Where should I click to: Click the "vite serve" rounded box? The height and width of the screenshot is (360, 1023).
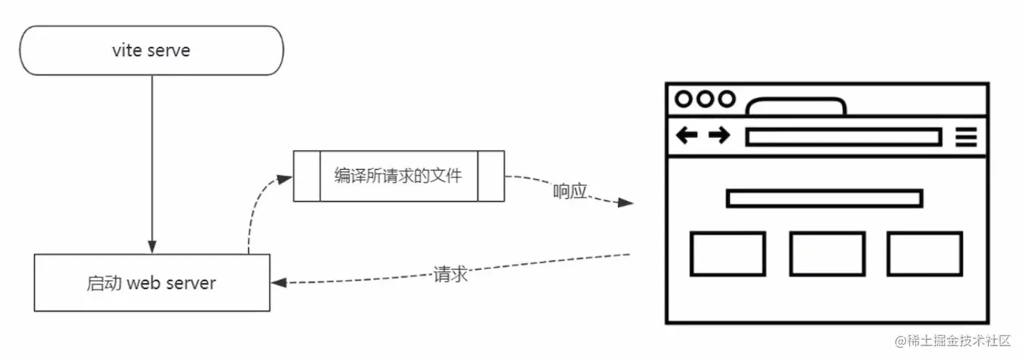(x=151, y=50)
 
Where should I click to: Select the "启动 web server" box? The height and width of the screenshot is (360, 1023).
(x=152, y=283)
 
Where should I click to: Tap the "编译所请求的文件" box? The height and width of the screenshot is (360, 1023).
(x=399, y=176)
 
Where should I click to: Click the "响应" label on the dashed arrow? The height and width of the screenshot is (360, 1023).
(x=570, y=191)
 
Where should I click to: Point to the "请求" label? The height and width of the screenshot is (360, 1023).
(x=451, y=274)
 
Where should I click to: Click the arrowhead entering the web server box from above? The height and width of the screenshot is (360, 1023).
(x=152, y=247)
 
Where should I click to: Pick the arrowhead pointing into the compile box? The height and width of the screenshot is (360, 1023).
(x=284, y=179)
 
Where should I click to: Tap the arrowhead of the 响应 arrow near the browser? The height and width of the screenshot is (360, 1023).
(x=625, y=202)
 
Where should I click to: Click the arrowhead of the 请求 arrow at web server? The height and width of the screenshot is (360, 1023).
(x=279, y=283)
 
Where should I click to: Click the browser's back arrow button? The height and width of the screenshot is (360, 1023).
(x=686, y=135)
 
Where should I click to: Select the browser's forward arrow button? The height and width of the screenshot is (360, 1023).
(x=719, y=135)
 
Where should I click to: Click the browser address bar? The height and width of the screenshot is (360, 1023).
(x=844, y=137)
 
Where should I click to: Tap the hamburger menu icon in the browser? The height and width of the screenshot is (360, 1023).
(x=966, y=136)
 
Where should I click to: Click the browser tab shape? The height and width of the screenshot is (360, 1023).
(x=796, y=99)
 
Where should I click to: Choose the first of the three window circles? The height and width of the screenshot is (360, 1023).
(x=683, y=99)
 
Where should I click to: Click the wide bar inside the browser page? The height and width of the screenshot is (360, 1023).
(x=824, y=199)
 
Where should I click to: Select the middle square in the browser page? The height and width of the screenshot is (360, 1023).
(x=827, y=254)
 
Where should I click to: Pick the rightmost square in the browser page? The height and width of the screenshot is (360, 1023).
(x=925, y=254)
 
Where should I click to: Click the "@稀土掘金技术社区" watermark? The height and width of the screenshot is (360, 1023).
(x=952, y=341)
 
